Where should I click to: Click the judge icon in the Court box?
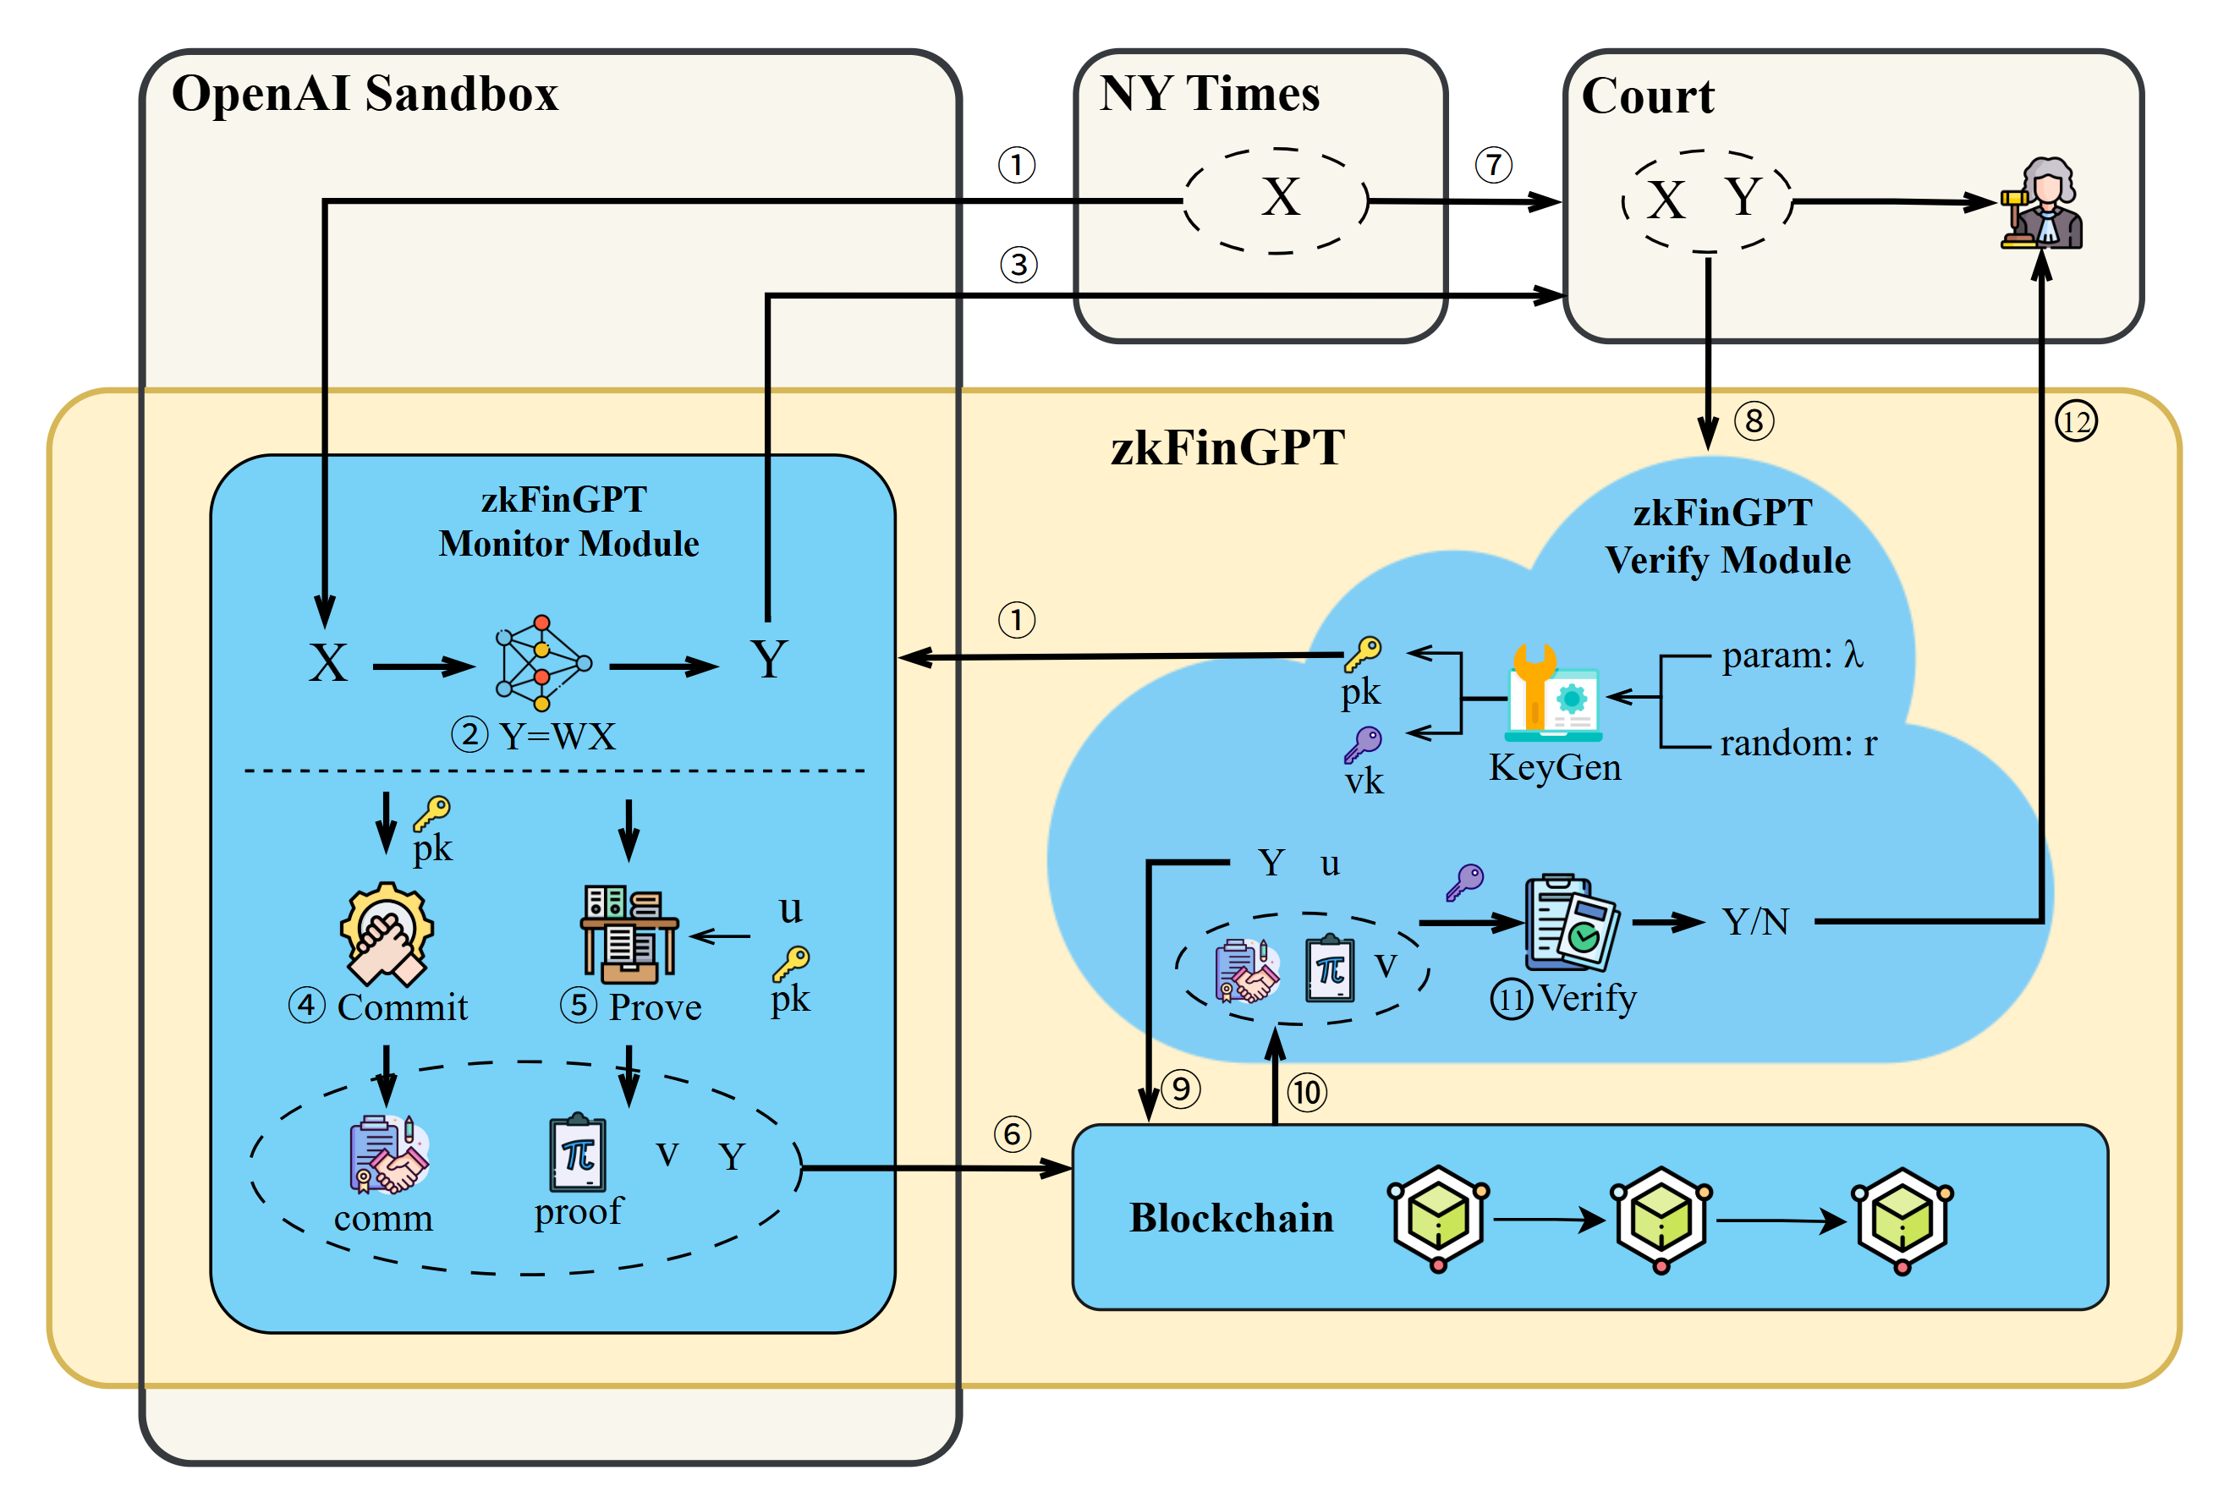click(2042, 204)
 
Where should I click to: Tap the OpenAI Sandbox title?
click(365, 94)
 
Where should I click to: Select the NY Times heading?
click(1209, 94)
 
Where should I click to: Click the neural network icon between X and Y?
click(542, 662)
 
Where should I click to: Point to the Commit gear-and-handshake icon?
click(387, 933)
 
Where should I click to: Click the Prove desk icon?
click(628, 934)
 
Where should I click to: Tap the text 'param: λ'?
click(1792, 656)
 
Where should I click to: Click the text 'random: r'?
click(1798, 743)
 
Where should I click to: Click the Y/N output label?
click(1754, 922)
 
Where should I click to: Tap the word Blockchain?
click(1231, 1218)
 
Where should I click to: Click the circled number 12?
click(2076, 422)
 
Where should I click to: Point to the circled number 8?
click(1754, 421)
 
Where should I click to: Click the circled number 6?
click(1013, 1134)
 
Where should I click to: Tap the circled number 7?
click(1493, 165)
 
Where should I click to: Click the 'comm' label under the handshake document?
click(383, 1218)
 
